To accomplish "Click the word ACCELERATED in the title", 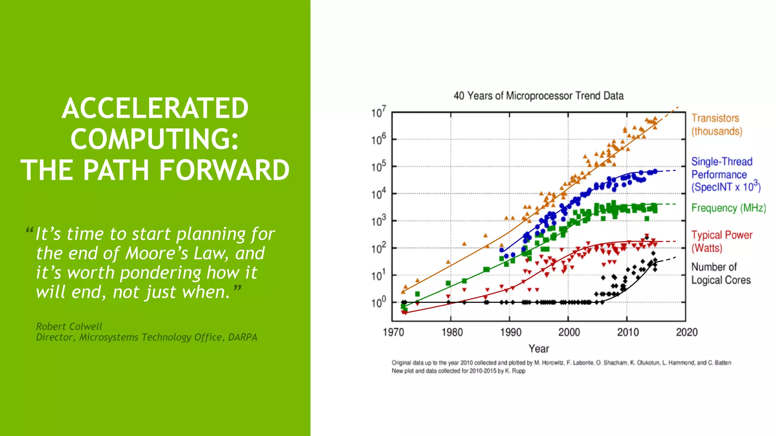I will point(155,108).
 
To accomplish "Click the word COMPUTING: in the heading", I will point(155,139).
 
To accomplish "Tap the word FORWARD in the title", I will point(224,170).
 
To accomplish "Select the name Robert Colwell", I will point(69,326).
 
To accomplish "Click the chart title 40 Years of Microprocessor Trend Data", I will point(538,96).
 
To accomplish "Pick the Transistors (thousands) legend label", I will point(716,125).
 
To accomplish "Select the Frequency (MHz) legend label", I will point(728,208).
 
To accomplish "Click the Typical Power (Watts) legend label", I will point(721,241).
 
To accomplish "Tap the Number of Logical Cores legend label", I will point(720,273).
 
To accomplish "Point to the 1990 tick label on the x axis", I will point(510,332).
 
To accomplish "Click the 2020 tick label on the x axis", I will point(687,332).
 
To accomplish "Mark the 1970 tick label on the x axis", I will point(393,332).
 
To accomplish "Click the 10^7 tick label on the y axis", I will point(378,112).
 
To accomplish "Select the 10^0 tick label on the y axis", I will point(378,302).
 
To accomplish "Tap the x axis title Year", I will point(538,349).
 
